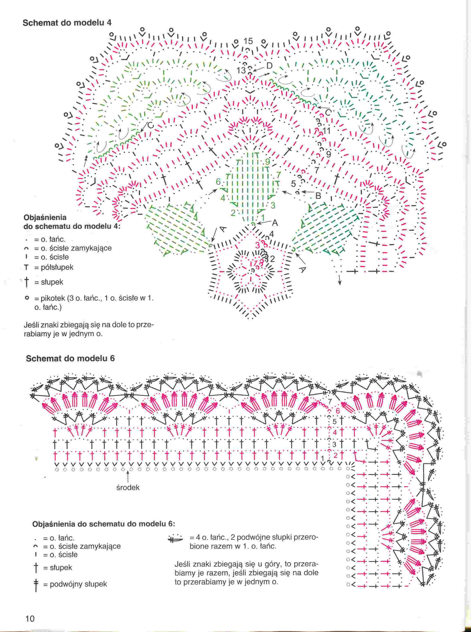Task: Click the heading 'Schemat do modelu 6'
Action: pyautogui.click(x=70, y=359)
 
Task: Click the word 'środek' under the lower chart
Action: pyautogui.click(x=128, y=487)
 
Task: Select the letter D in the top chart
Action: pyautogui.click(x=269, y=66)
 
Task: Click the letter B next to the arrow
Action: pyautogui.click(x=318, y=196)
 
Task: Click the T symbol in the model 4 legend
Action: pyautogui.click(x=26, y=268)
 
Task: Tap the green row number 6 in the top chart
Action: pyautogui.click(x=218, y=182)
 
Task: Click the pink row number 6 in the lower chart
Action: pyautogui.click(x=338, y=411)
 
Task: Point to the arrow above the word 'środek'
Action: pyautogui.click(x=128, y=477)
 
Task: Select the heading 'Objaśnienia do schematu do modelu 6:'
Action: pyautogui.click(x=104, y=524)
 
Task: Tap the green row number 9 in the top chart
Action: pyautogui.click(x=267, y=162)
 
